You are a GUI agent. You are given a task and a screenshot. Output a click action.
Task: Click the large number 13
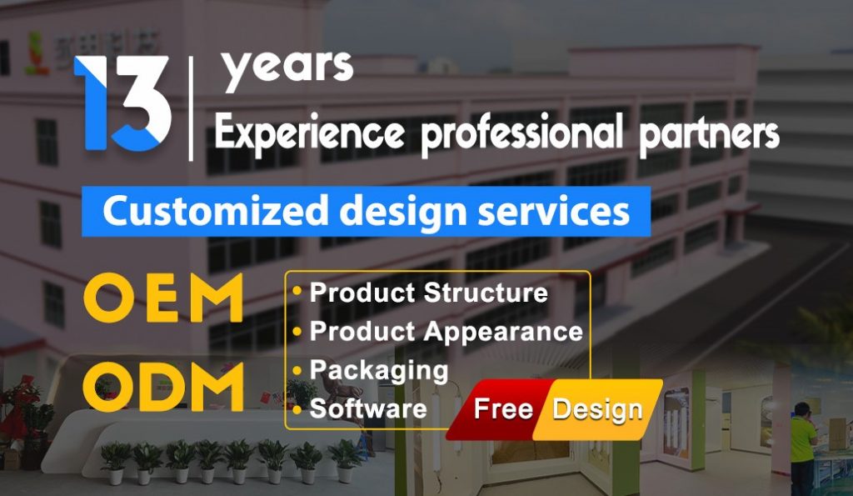tap(122, 103)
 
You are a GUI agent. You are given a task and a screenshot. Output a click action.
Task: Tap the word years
tap(287, 69)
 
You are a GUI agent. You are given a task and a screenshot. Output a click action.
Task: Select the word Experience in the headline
tap(310, 133)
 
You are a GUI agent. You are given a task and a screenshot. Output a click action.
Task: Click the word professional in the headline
tap(522, 135)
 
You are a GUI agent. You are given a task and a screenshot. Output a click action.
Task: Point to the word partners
tap(709, 135)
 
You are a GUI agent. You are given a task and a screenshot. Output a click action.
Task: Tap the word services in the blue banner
tap(554, 211)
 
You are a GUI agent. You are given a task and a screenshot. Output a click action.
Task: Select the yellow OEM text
tap(163, 298)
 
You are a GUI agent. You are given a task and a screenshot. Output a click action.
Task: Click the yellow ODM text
tap(163, 387)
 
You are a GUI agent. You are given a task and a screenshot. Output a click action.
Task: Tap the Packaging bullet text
tap(379, 371)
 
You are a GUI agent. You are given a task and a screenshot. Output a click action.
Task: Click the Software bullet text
tap(368, 408)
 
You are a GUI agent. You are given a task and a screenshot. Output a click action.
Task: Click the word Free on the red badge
tap(503, 408)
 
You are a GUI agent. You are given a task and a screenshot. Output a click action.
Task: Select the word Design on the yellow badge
tap(597, 409)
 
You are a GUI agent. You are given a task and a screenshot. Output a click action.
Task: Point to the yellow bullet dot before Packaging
tap(297, 370)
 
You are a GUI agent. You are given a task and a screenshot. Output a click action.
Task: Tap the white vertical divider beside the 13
tap(191, 109)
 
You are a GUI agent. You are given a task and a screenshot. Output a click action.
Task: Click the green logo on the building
tap(37, 53)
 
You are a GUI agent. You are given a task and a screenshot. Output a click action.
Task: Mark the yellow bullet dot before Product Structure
tap(297, 291)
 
